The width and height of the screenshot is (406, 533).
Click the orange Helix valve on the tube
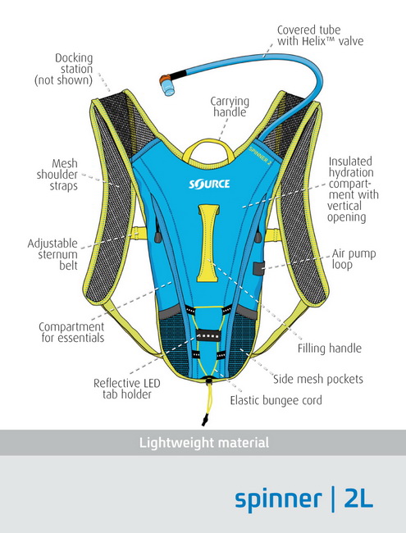pyautogui.click(x=167, y=84)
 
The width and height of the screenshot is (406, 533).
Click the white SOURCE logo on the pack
pyautogui.click(x=209, y=184)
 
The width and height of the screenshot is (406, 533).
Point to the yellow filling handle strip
pyautogui.click(x=209, y=243)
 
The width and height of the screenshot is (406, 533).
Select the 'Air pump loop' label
pyautogui.click(x=354, y=259)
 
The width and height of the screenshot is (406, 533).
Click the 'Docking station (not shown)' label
pyautogui.click(x=64, y=69)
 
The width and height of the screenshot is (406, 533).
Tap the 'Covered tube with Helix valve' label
pyautogui.click(x=320, y=35)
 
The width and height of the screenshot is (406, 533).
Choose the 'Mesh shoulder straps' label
pyautogui.click(x=57, y=175)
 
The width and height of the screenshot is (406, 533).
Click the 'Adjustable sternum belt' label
pyautogui.click(x=52, y=254)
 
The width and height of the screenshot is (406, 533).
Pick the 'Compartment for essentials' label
pyautogui.click(x=71, y=332)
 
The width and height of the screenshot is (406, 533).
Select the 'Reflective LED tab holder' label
pyautogui.click(x=127, y=389)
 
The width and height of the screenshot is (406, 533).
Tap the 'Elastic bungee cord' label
pyautogui.click(x=276, y=400)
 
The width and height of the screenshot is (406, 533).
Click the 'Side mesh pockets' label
pyautogui.click(x=318, y=379)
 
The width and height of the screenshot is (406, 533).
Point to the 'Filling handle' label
pyautogui.click(x=330, y=348)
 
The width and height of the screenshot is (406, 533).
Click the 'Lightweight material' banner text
pyautogui.click(x=204, y=443)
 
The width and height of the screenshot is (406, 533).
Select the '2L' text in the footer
pyautogui.click(x=358, y=499)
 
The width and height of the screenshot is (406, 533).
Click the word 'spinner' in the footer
pyautogui.click(x=278, y=499)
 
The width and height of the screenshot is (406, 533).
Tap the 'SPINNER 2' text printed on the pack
pyautogui.click(x=260, y=155)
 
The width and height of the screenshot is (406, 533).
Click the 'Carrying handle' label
pyautogui.click(x=230, y=107)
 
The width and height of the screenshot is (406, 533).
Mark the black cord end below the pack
pyautogui.click(x=204, y=420)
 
